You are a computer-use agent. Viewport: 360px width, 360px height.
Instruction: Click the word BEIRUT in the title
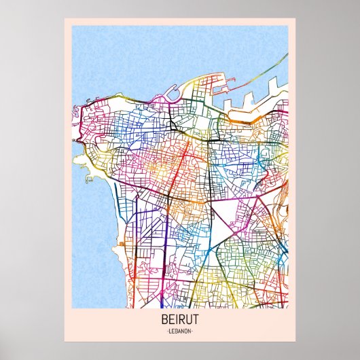tap(179, 319)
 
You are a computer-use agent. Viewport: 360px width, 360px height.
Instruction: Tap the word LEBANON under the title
tap(179, 331)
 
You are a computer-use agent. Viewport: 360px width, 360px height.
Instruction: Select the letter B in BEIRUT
tap(165, 319)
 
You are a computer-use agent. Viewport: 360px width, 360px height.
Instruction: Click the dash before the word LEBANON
tap(166, 331)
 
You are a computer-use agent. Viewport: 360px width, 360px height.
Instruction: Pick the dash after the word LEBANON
tap(194, 331)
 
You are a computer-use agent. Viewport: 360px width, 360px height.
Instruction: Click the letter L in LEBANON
tap(169, 331)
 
